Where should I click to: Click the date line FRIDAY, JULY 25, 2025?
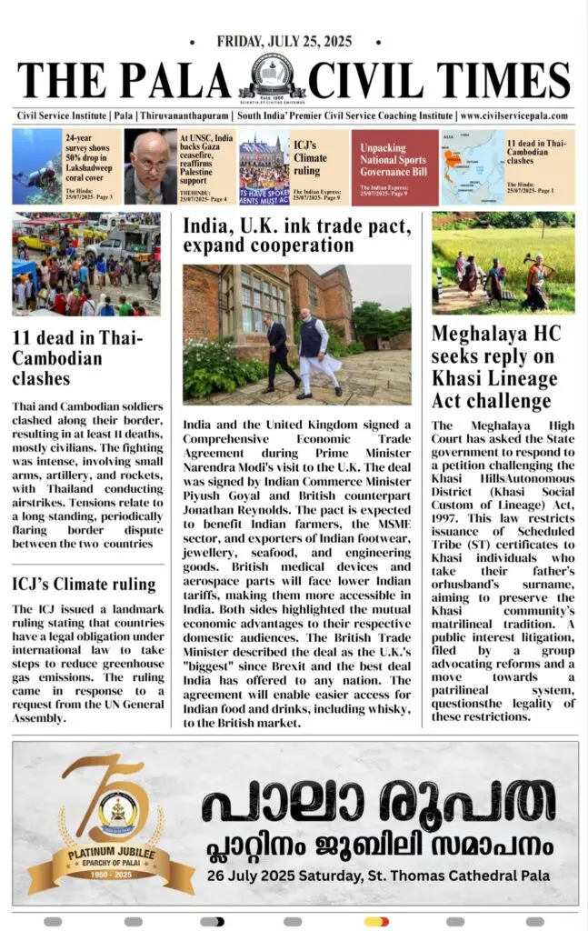point(284,42)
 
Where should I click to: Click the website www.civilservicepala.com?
point(514,116)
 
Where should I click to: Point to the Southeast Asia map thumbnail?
point(473,167)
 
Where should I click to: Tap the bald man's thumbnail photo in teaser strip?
point(150,167)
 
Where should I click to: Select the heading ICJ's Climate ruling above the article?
point(85,584)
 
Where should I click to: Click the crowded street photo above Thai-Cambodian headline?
point(86,264)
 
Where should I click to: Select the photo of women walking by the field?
point(503,263)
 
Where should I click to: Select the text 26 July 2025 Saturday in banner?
point(290,876)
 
